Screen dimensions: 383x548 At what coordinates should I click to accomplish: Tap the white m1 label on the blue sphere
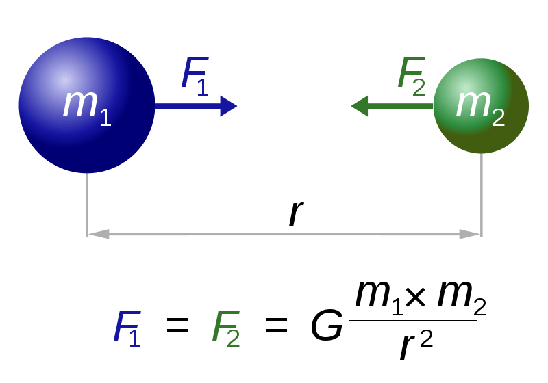[86, 106]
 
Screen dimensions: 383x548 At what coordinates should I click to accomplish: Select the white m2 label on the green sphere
[480, 106]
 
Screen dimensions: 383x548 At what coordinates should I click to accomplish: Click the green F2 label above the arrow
[411, 74]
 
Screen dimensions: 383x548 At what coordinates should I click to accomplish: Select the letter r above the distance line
[295, 213]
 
